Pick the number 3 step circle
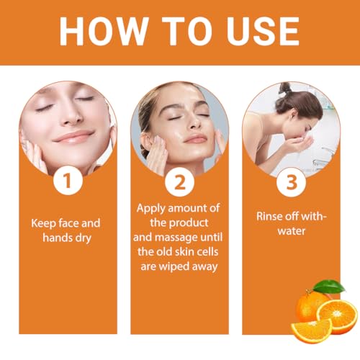click(x=292, y=181)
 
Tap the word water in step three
click(x=291, y=232)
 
